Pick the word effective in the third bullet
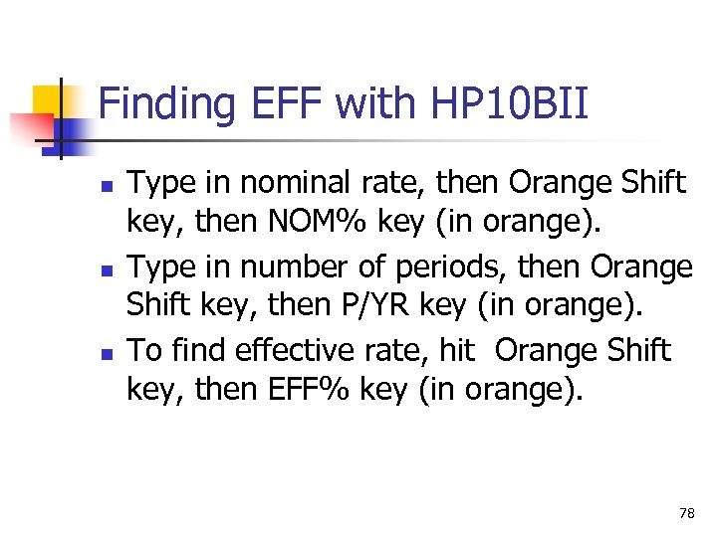coord(279,351)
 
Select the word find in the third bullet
coord(189,351)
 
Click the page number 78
coord(686,513)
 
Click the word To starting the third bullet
coord(145,351)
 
